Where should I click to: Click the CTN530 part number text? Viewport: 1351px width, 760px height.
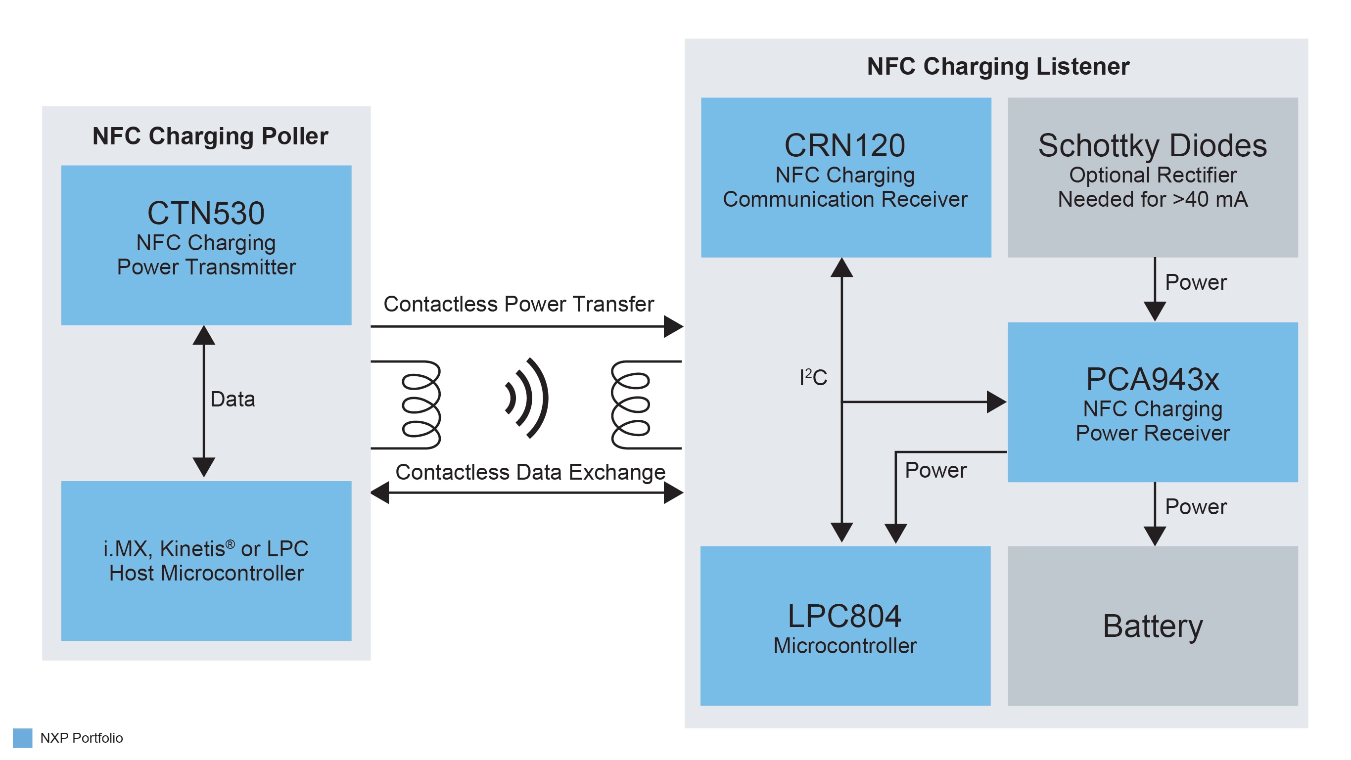[206, 213]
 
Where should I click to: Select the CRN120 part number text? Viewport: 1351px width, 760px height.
[844, 145]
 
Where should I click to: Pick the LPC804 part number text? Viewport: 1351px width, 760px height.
[844, 616]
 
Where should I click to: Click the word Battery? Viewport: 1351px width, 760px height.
[1152, 626]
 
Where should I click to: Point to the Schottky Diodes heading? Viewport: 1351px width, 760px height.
[1152, 145]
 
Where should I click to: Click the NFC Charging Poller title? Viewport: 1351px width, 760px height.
[210, 136]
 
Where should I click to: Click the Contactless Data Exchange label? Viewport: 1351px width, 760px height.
[530, 472]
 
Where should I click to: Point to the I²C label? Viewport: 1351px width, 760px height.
[812, 377]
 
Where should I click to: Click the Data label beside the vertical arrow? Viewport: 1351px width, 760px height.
[233, 400]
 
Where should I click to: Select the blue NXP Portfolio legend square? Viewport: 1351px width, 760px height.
[23, 737]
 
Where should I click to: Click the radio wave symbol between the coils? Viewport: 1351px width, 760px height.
[527, 399]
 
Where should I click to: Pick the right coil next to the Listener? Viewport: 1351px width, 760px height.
[631, 404]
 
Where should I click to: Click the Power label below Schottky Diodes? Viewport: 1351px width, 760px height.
[1195, 282]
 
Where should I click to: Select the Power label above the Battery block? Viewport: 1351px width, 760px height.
[1195, 507]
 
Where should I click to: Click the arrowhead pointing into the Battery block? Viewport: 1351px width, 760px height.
[1154, 536]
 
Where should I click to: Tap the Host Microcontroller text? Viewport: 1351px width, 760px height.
[206, 573]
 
